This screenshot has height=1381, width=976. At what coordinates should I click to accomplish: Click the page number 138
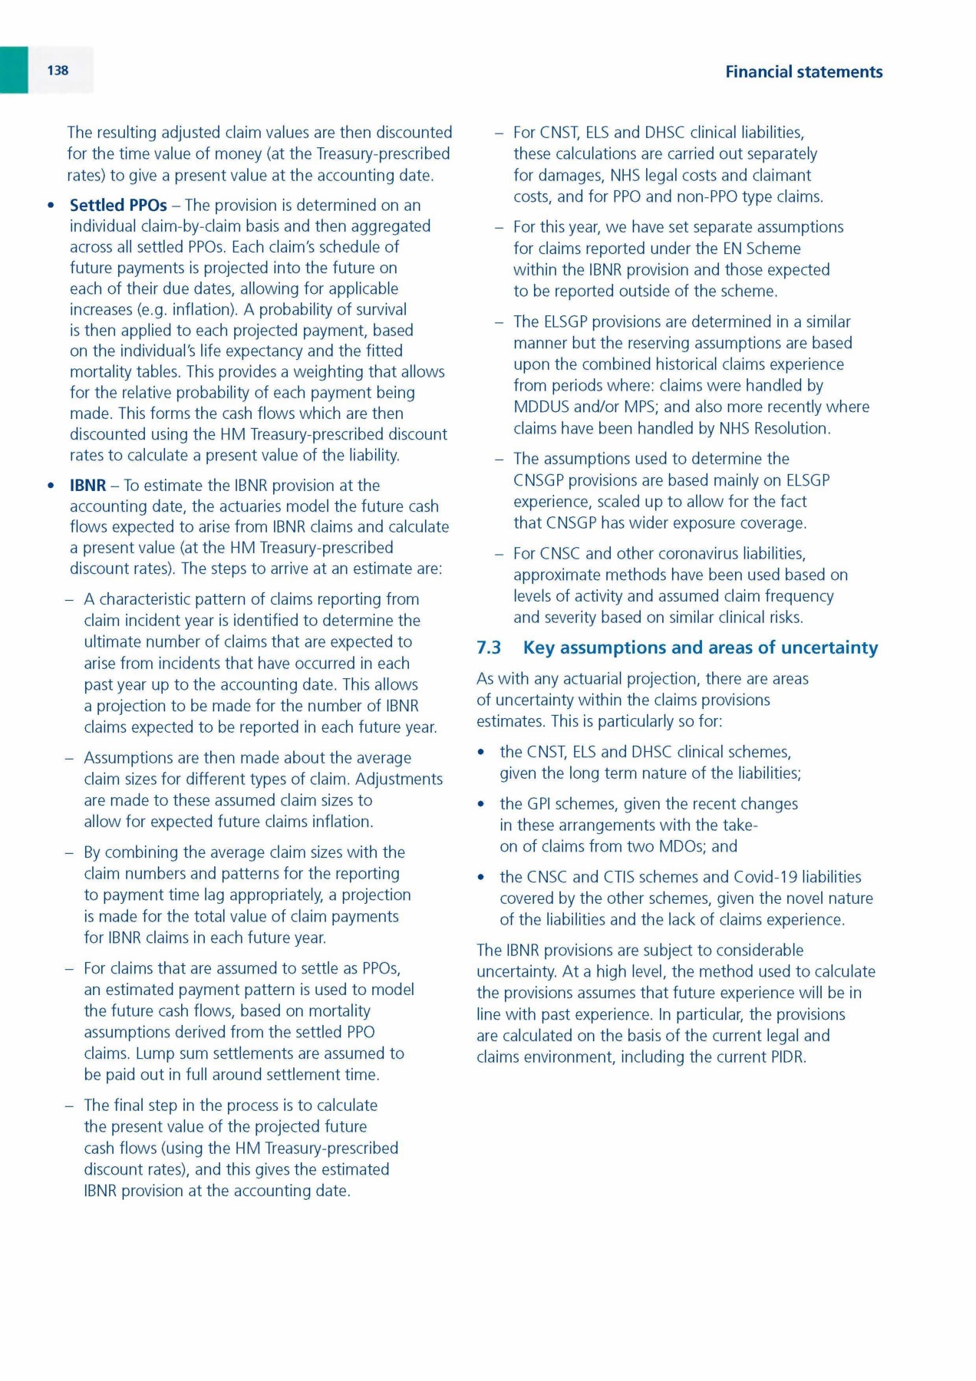pyautogui.click(x=58, y=71)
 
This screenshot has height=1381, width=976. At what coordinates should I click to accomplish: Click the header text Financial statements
pyautogui.click(x=803, y=72)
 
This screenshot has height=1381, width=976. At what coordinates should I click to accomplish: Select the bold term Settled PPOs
pyautogui.click(x=118, y=206)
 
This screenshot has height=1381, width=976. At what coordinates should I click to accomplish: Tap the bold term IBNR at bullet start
pyautogui.click(x=87, y=486)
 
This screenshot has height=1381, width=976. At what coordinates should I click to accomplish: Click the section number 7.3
pyautogui.click(x=489, y=648)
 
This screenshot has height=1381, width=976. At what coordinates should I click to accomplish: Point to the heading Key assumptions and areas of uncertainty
pyautogui.click(x=700, y=648)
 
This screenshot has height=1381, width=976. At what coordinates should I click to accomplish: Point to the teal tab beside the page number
pyautogui.click(x=14, y=70)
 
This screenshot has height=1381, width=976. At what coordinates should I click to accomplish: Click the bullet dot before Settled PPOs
pyautogui.click(x=51, y=206)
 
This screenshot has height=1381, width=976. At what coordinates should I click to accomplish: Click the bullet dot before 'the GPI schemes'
pyautogui.click(x=481, y=804)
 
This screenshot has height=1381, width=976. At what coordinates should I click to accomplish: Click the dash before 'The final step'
pyautogui.click(x=70, y=1106)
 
